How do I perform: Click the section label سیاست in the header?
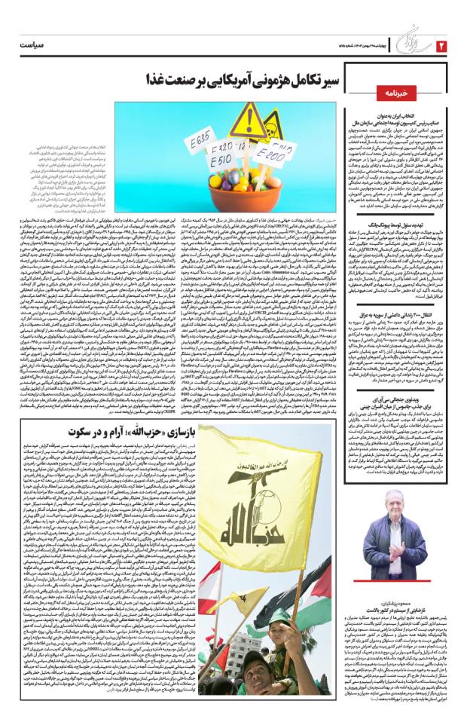pyautogui.click(x=32, y=46)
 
